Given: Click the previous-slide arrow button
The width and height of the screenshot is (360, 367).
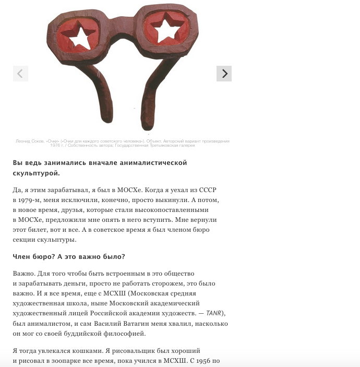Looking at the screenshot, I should tap(20, 74).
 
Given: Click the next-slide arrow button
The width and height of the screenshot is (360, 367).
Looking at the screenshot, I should tap(224, 74).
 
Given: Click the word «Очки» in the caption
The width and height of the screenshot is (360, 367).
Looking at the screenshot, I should tap(54, 141).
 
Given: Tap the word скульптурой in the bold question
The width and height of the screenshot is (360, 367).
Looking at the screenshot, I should tap(35, 173).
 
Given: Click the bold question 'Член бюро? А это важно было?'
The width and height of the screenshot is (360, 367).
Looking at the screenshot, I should tap(69, 256).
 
